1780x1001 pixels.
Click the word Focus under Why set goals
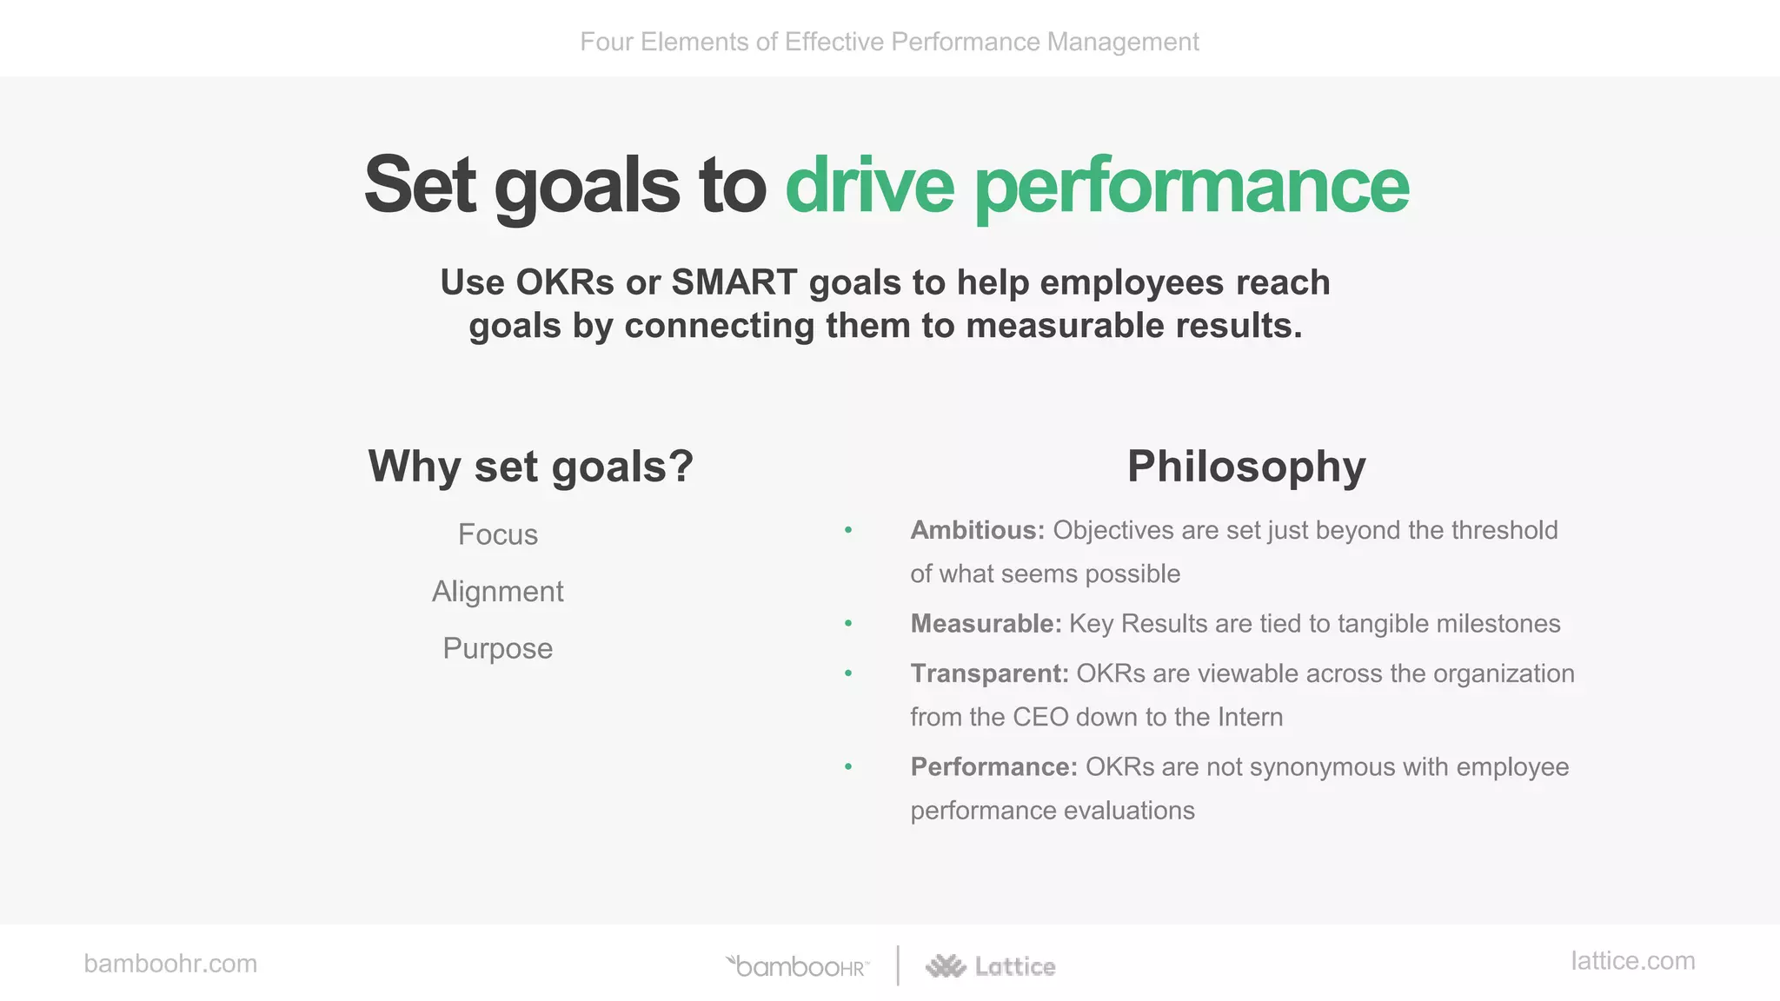pyautogui.click(x=497, y=534)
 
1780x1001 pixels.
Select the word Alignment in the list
pyautogui.click(x=497, y=592)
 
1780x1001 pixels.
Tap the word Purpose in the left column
pyautogui.click(x=497, y=648)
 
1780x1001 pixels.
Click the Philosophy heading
pyautogui.click(x=1245, y=467)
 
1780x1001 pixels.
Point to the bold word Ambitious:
pyautogui.click(x=977, y=530)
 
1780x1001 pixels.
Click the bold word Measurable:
pyautogui.click(x=986, y=624)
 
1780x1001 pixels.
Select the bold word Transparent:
pyautogui.click(x=989, y=673)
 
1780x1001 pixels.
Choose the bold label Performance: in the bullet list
pyautogui.click(x=993, y=767)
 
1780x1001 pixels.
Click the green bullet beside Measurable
pyautogui.click(x=848, y=624)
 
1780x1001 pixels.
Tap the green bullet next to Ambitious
pyautogui.click(x=848, y=530)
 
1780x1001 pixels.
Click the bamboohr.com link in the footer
pyautogui.click(x=170, y=964)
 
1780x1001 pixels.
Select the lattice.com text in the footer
pyautogui.click(x=1632, y=961)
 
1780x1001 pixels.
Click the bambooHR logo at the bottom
pyautogui.click(x=798, y=966)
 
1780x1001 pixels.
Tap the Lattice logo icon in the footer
pyautogui.click(x=946, y=966)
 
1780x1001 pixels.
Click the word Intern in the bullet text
pyautogui.click(x=1250, y=718)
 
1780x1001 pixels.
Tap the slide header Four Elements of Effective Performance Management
pyautogui.click(x=889, y=42)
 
